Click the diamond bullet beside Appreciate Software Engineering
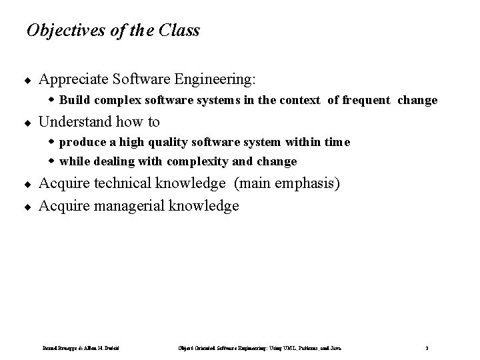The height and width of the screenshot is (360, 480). [27, 81]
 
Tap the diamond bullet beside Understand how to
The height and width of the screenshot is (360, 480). [27, 123]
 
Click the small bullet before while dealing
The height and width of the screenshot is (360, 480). [53, 161]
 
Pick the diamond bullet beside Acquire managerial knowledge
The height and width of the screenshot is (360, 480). [27, 207]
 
